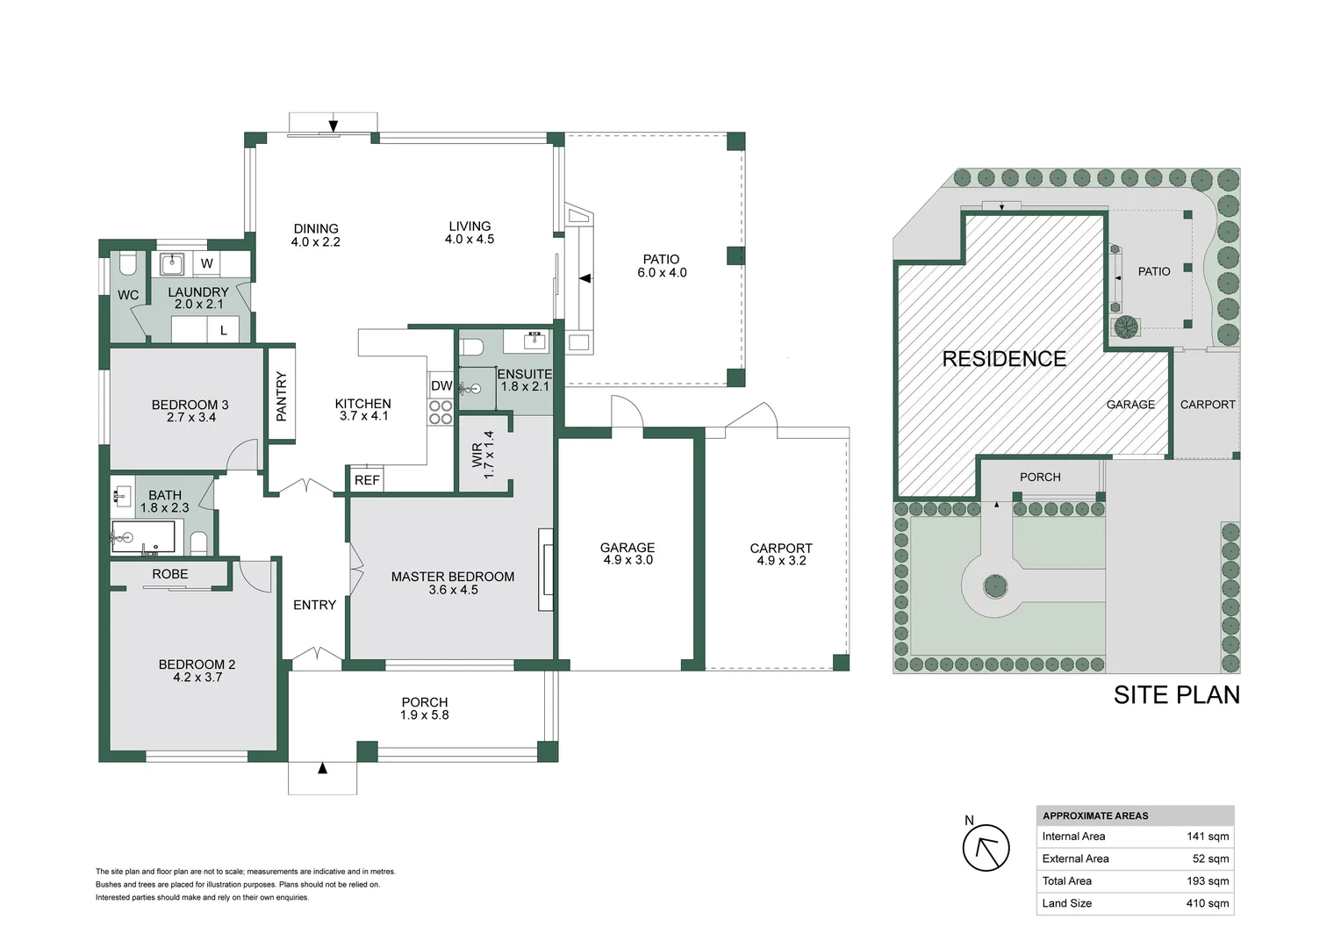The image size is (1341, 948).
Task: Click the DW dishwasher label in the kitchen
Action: click(441, 386)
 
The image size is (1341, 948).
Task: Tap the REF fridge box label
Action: click(367, 480)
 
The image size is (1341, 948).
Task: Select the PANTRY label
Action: click(282, 397)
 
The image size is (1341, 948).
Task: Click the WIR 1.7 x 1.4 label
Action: click(483, 455)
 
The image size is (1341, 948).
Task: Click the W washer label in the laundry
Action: click(207, 263)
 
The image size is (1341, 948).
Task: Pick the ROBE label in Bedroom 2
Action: click(170, 574)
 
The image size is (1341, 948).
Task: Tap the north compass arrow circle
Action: click(986, 848)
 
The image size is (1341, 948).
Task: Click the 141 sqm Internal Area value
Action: click(1208, 837)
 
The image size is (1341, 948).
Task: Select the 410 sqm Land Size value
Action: click(1207, 903)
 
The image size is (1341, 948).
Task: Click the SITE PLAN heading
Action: click(1176, 695)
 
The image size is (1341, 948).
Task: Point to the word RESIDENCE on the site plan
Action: click(1004, 359)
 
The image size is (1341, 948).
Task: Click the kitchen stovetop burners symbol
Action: click(441, 413)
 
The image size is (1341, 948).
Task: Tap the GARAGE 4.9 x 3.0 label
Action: click(627, 553)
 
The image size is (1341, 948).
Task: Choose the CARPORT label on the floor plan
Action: click(781, 554)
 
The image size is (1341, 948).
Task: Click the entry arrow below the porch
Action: click(322, 769)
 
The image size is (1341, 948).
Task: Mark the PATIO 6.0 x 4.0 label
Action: click(662, 266)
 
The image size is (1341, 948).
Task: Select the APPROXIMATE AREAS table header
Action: click(1095, 815)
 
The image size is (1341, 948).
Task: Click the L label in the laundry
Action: click(224, 331)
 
